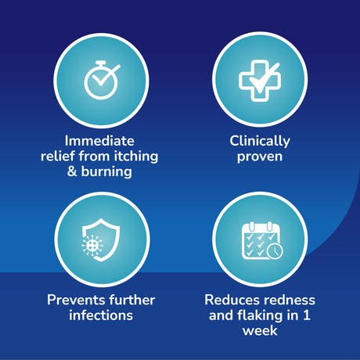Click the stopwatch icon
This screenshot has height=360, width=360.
pos(101,81)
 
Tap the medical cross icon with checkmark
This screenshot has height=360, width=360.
pos(260,81)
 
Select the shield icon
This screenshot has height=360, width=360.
pos(101,240)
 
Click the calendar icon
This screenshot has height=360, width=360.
pos(261,240)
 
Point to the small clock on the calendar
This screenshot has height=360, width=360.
pos(275,251)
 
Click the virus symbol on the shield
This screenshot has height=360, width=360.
pos(92,245)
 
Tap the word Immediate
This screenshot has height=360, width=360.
pos(99,141)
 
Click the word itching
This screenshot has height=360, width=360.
pos(136,157)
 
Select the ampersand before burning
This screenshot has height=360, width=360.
pos(72,171)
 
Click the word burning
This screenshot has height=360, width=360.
pos(106,172)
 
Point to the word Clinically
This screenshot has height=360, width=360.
pos(260,142)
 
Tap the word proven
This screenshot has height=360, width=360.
pos(260,157)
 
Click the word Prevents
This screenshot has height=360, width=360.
pos(76,300)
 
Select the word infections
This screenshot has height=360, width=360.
pos(101,315)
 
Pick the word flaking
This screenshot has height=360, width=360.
pos(260,315)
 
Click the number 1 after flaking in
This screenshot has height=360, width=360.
pos(307,315)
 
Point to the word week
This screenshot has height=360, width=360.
pos(260,331)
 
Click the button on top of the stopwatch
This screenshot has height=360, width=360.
pos(101,63)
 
